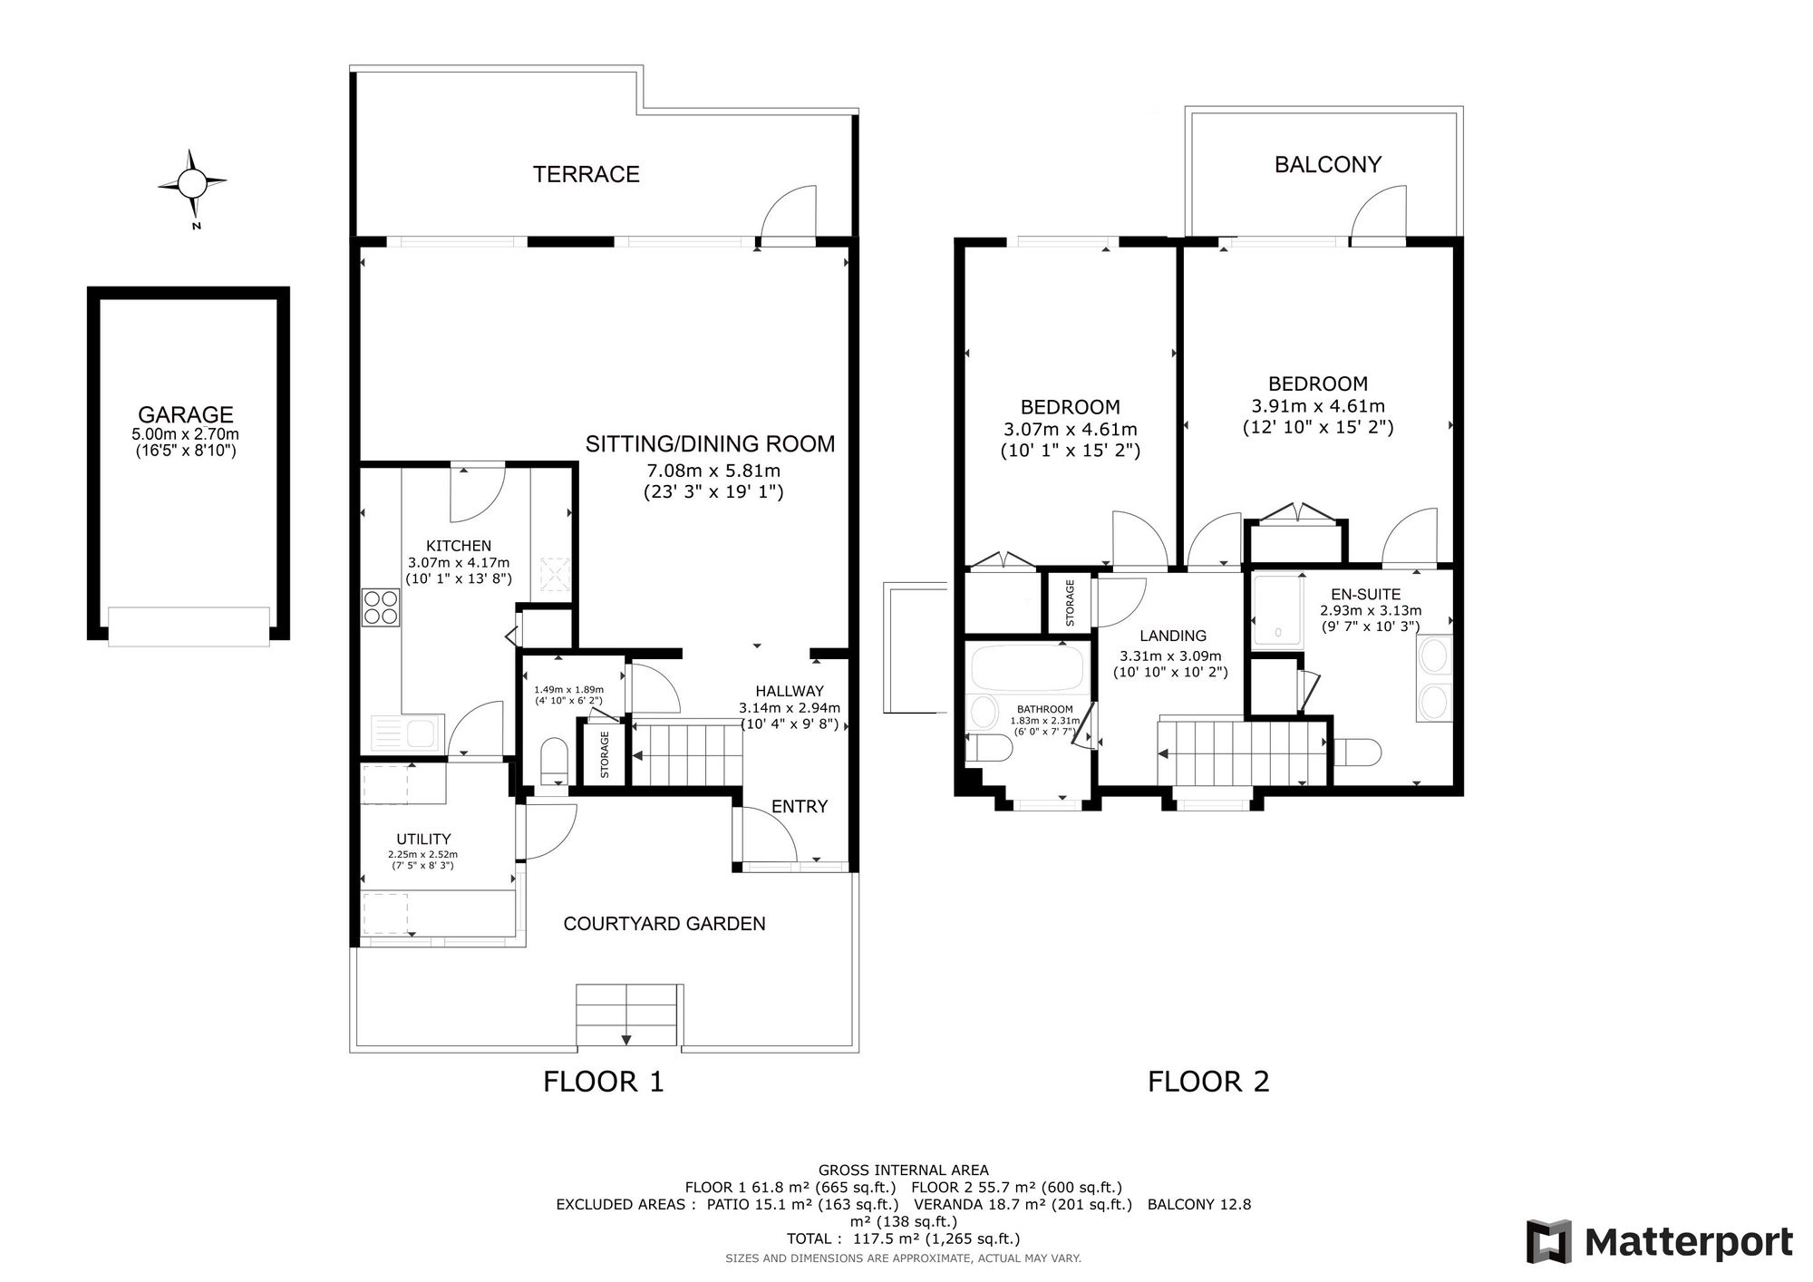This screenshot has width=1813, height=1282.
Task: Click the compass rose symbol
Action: pyautogui.click(x=192, y=184)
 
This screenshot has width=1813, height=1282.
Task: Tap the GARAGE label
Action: pyautogui.click(x=186, y=414)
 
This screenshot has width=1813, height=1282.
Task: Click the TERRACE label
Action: pyautogui.click(x=587, y=174)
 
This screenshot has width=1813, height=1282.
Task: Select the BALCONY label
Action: pyautogui.click(x=1328, y=164)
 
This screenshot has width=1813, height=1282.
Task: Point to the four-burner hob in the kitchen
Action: pyautogui.click(x=381, y=607)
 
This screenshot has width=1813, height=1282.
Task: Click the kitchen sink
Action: pyautogui.click(x=407, y=732)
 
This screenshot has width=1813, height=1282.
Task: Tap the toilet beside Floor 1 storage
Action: pyautogui.click(x=554, y=760)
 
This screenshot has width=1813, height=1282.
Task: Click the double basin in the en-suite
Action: pyautogui.click(x=1433, y=680)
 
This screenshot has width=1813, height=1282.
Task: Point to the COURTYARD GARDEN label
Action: pyautogui.click(x=664, y=924)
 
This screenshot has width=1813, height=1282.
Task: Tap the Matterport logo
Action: pyautogui.click(x=1660, y=1241)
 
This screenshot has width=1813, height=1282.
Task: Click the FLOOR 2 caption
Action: pyautogui.click(x=1208, y=1082)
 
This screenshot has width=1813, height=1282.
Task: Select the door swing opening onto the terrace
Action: pyautogui.click(x=788, y=214)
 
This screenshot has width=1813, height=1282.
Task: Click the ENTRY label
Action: pyautogui.click(x=800, y=807)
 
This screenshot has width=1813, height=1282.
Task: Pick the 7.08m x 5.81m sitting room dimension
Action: pyautogui.click(x=713, y=471)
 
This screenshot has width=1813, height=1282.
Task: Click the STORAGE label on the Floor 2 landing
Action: pyautogui.click(x=1070, y=603)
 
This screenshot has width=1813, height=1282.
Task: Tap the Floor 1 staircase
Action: pyautogui.click(x=686, y=753)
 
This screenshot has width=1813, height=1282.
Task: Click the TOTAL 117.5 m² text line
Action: pyautogui.click(x=903, y=1239)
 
